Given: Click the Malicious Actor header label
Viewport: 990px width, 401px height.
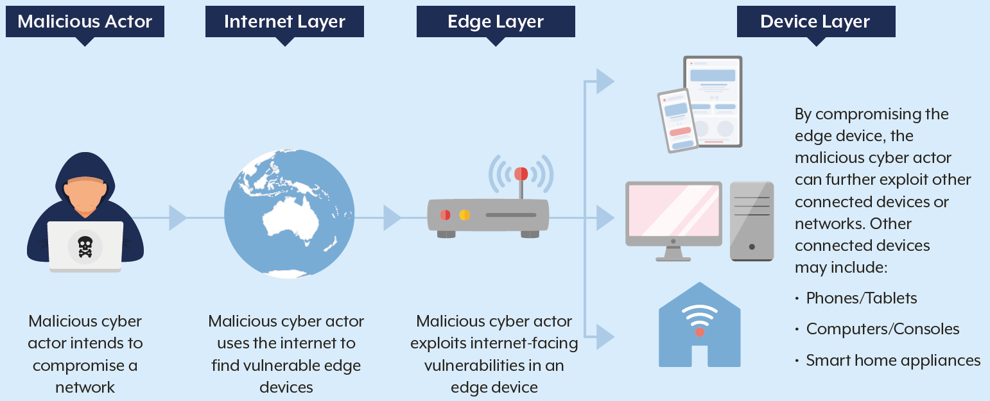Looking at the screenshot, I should click(x=85, y=21).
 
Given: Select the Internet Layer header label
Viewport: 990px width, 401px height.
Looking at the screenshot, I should click(x=284, y=21).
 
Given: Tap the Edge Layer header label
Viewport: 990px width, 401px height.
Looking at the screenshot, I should click(x=496, y=21).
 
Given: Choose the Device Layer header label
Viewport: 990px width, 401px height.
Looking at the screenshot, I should click(x=815, y=21).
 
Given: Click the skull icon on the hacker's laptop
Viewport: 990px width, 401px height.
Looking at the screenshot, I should click(x=85, y=246).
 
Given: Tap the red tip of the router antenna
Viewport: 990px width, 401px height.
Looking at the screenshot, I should click(x=521, y=174).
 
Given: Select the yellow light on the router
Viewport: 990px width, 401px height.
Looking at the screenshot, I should click(x=464, y=215).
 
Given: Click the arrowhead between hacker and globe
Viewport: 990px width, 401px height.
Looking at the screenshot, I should click(x=177, y=218).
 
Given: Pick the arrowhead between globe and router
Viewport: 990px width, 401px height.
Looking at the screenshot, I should click(x=392, y=218).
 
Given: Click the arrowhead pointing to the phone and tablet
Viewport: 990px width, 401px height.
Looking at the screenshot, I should click(x=604, y=81).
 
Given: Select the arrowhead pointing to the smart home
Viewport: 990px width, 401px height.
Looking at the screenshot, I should click(x=604, y=336).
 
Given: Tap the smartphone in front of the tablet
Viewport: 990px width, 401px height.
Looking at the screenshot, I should click(x=677, y=120).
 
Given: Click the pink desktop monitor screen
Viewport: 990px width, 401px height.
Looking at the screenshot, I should click(x=673, y=210).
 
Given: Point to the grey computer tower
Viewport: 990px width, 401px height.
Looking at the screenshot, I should click(x=752, y=221).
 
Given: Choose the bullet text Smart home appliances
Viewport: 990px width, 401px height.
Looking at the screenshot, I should click(x=893, y=361).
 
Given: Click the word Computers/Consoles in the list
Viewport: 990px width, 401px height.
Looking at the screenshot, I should click(x=883, y=329).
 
